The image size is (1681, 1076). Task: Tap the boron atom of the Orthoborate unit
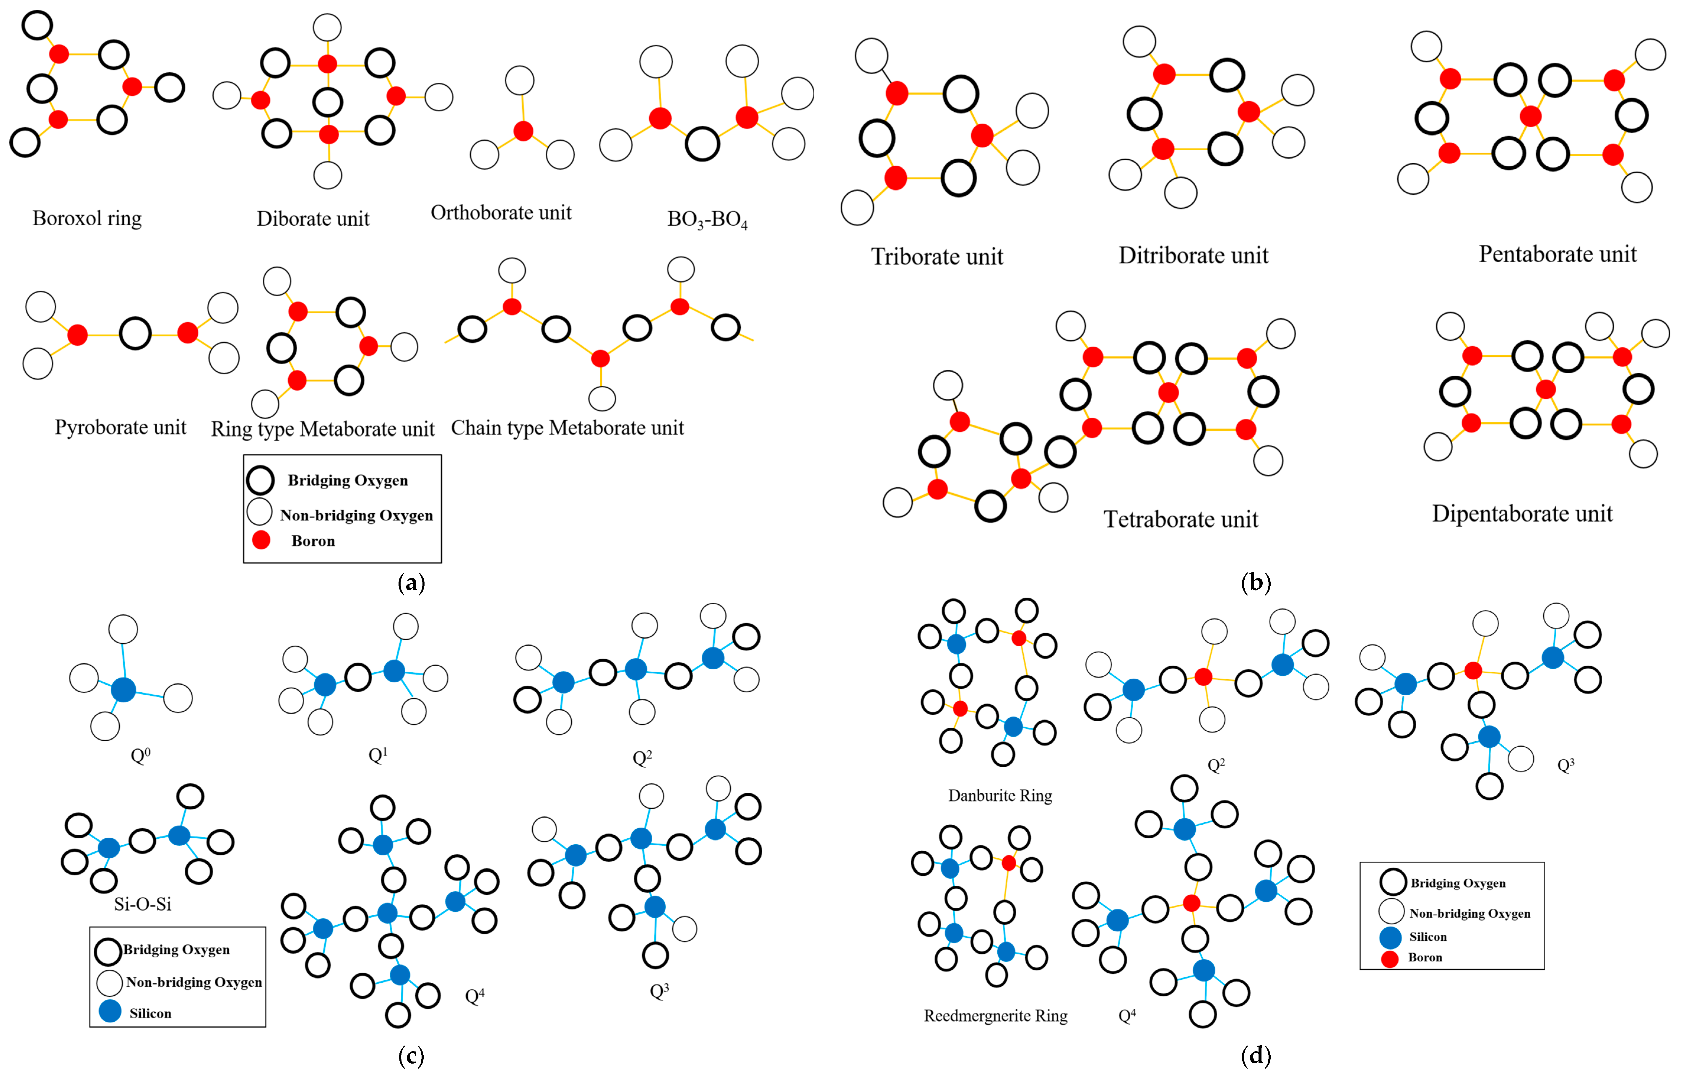(523, 131)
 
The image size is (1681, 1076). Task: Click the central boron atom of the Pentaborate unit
(1530, 116)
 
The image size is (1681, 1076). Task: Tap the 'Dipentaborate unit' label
(1522, 514)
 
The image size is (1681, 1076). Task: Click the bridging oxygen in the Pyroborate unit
(135, 334)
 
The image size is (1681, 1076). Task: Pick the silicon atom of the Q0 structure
(123, 690)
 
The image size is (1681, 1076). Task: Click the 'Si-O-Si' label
(142, 904)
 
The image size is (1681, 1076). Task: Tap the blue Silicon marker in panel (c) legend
(110, 1011)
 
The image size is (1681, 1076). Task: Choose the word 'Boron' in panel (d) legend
(1425, 957)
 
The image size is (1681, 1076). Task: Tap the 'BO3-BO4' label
(707, 219)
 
